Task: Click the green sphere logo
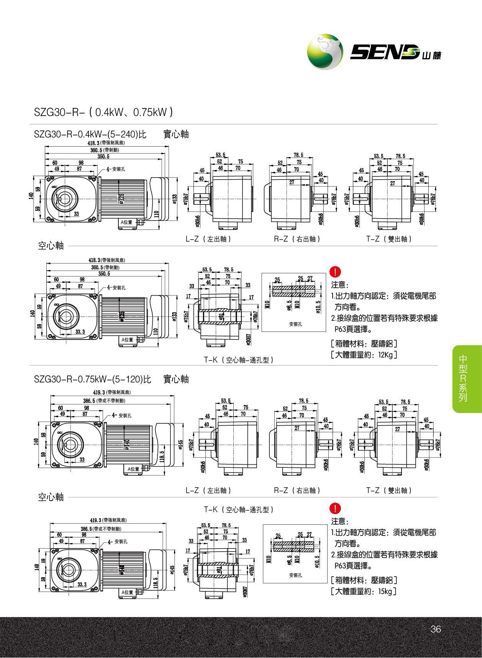click(x=325, y=52)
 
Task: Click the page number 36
click(x=436, y=629)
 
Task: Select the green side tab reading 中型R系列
click(x=463, y=379)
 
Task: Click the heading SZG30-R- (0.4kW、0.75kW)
click(x=103, y=112)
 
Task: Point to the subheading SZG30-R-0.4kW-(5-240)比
click(x=90, y=134)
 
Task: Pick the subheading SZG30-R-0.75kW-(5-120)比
click(x=92, y=379)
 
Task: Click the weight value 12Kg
click(x=385, y=355)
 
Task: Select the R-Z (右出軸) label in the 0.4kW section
click(x=297, y=239)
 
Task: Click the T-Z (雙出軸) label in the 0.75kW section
click(x=389, y=490)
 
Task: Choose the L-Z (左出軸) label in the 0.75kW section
click(x=208, y=490)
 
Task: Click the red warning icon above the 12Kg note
click(x=334, y=273)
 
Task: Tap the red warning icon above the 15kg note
click(x=334, y=508)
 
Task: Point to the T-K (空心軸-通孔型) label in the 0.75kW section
click(x=239, y=509)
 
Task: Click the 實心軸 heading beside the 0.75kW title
click(x=176, y=379)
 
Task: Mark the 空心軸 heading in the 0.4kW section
click(x=51, y=245)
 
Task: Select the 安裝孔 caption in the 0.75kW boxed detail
click(x=295, y=575)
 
